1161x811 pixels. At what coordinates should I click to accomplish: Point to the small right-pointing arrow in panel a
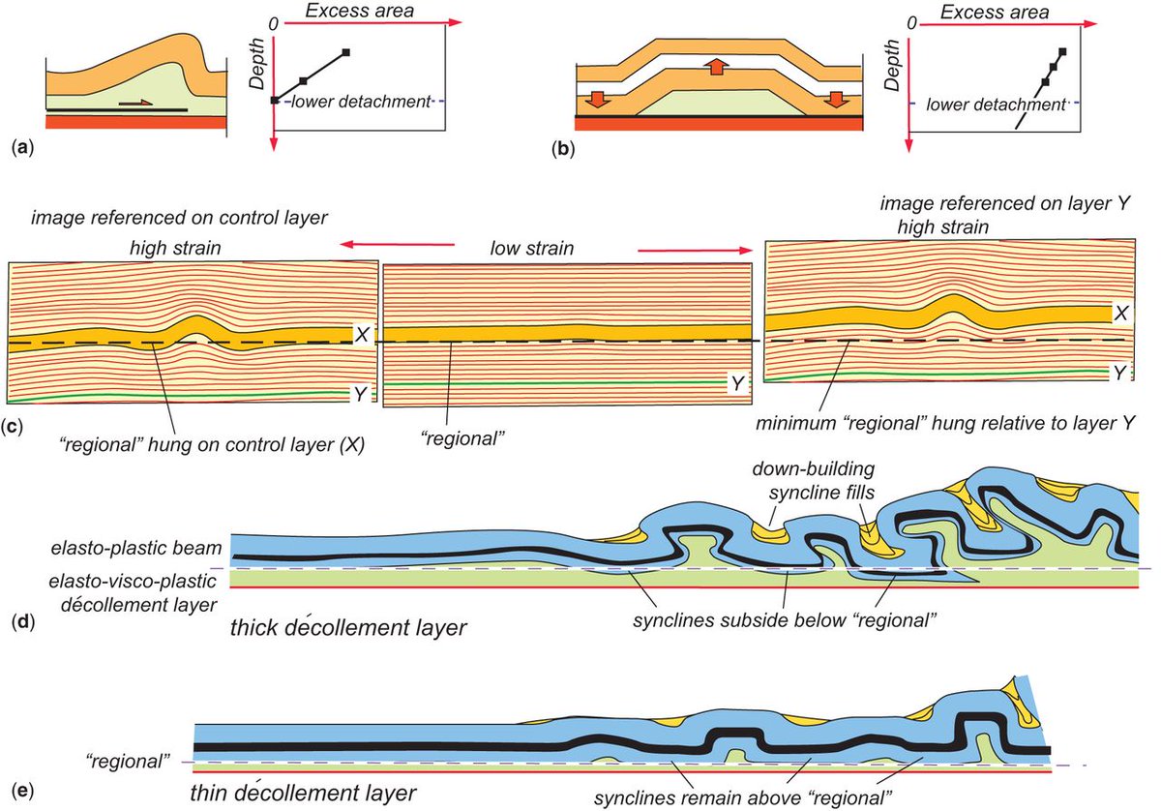(x=139, y=102)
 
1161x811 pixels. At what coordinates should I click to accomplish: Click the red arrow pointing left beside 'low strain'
(x=398, y=245)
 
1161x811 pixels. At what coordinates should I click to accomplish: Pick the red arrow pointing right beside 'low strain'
(x=694, y=249)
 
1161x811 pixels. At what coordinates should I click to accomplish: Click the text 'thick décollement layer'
(x=349, y=627)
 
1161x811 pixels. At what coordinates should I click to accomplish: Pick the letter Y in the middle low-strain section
(x=738, y=384)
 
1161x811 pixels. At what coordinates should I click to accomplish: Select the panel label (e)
(x=17, y=790)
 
